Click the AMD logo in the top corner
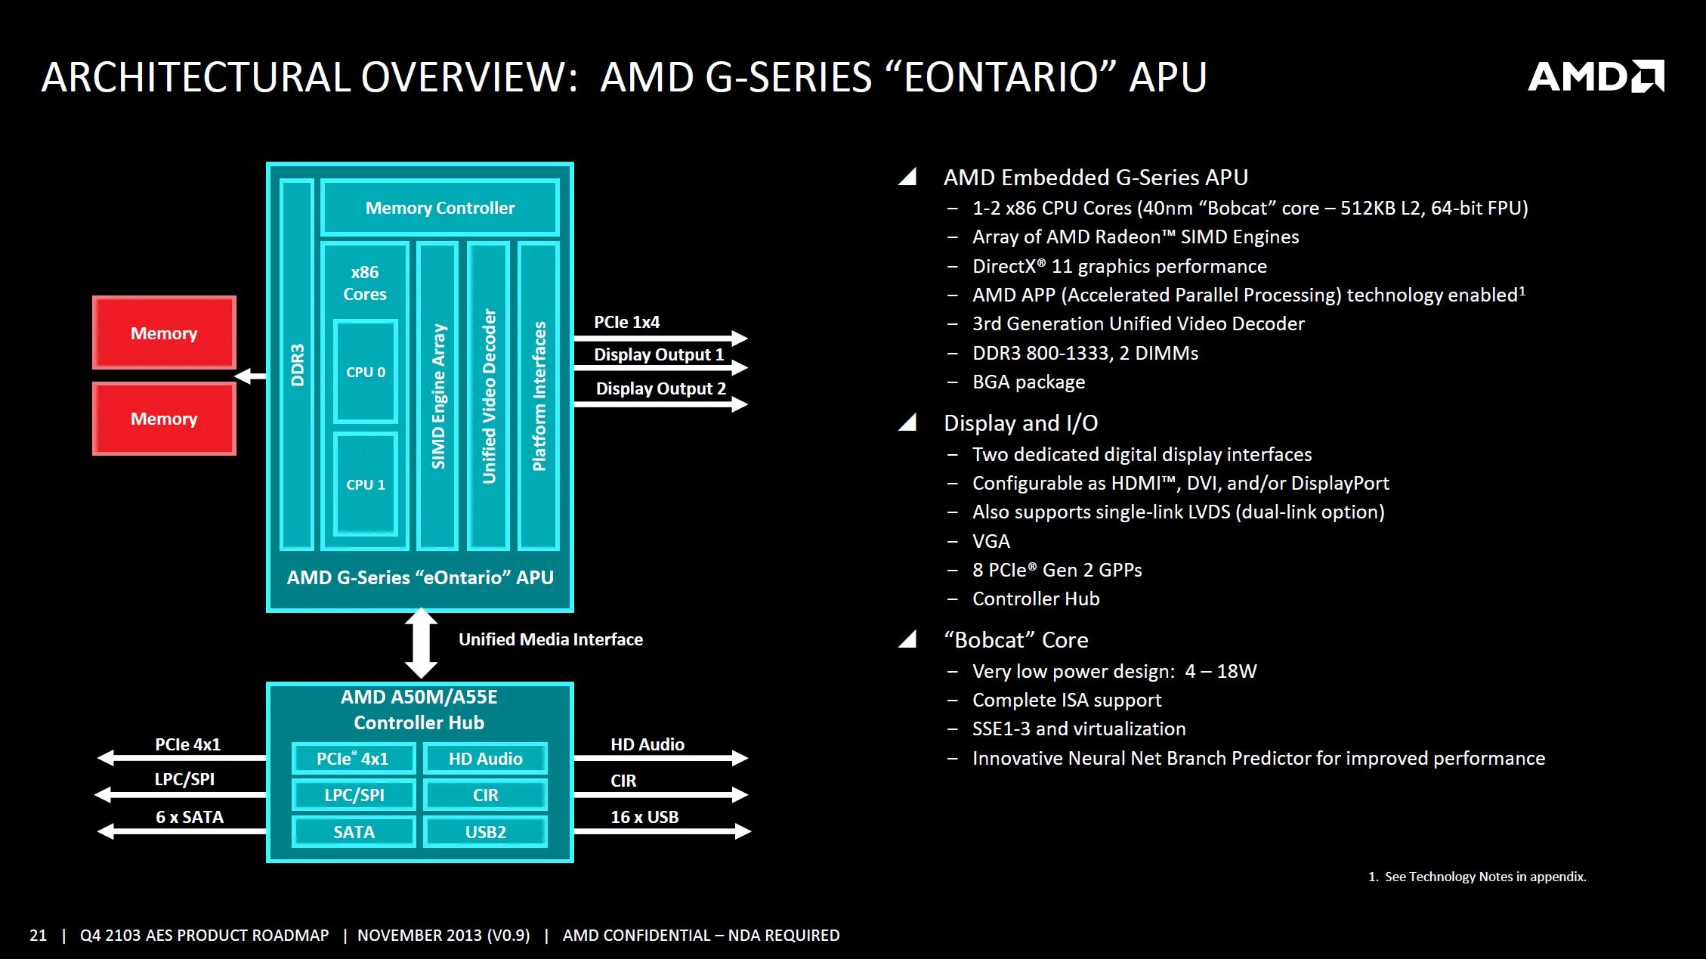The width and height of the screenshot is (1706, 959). (1595, 76)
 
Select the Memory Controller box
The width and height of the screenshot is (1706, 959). (440, 208)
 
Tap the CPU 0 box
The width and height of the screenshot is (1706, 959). (366, 371)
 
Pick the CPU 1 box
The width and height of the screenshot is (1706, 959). (366, 484)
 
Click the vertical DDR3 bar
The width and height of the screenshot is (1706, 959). (297, 365)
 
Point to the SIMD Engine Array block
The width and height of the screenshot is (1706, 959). (438, 396)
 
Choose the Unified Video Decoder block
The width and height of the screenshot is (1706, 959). (489, 396)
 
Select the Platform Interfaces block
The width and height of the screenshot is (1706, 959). (539, 396)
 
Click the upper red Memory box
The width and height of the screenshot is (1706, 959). (164, 333)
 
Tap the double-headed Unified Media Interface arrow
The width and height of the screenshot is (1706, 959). (421, 643)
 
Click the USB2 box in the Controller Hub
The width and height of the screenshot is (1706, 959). (486, 831)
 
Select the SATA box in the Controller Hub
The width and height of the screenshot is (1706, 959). (354, 831)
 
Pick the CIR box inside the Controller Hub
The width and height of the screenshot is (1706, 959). (486, 795)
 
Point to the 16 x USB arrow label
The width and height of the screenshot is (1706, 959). (644, 817)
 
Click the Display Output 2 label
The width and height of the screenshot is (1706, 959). (660, 388)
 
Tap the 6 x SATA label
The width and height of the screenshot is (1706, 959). (190, 817)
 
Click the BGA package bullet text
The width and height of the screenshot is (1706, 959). (1028, 382)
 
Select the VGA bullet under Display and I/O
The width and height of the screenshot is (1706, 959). (991, 541)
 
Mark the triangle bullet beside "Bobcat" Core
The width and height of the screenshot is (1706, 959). (907, 639)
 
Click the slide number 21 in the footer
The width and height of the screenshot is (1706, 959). (38, 936)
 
